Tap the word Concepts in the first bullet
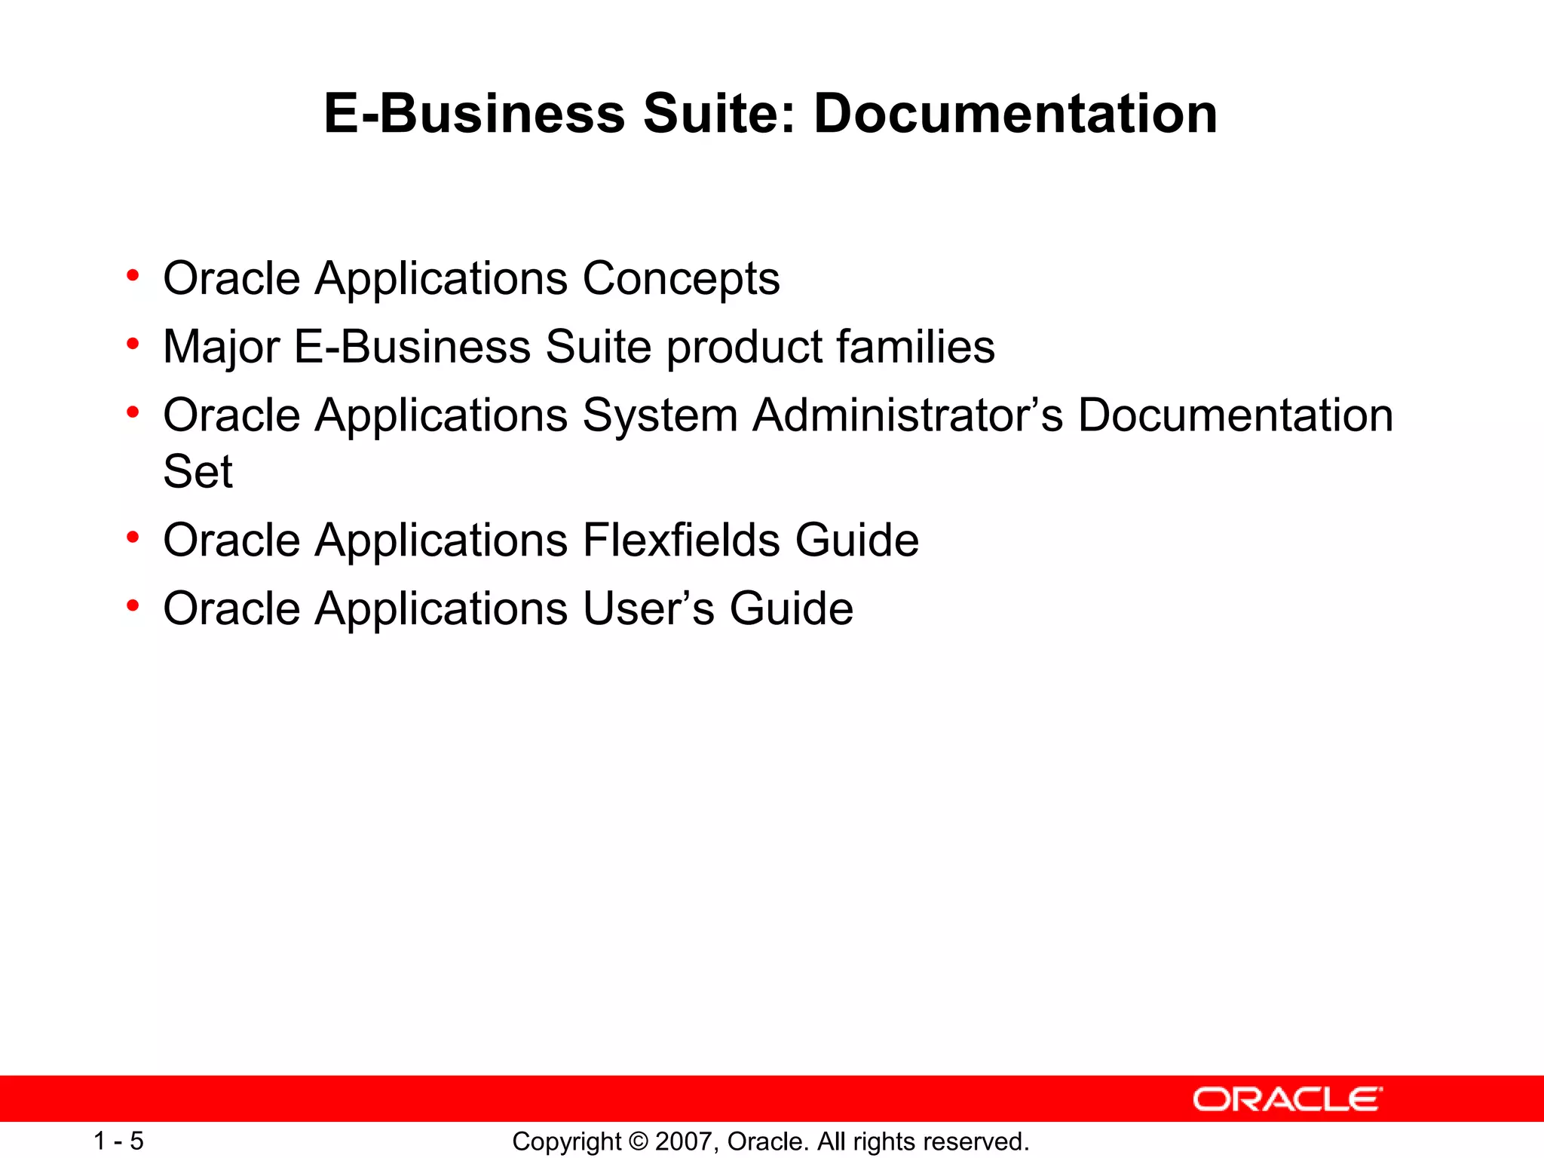coord(681,280)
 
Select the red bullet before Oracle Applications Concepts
coord(133,275)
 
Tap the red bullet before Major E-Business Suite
coord(133,344)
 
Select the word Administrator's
coord(908,415)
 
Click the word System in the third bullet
coord(660,417)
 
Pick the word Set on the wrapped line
coord(198,472)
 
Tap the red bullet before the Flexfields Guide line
coord(133,537)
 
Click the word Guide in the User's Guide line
coord(791,609)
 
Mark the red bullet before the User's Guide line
coord(133,605)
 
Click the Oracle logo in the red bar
coord(1287,1099)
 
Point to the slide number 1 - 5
coord(118,1141)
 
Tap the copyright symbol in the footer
coord(638,1141)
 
